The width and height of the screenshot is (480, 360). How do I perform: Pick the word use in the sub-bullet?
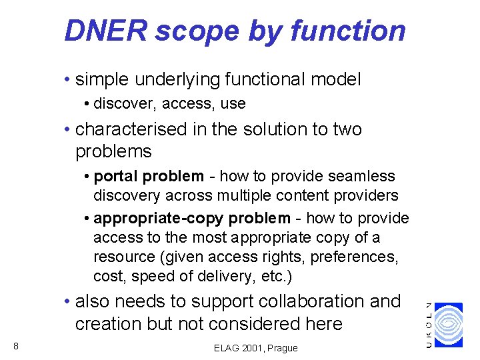pyautogui.click(x=234, y=104)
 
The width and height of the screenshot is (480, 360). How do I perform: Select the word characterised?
pyautogui.click(x=131, y=129)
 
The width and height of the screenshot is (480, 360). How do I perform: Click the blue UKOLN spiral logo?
pyautogui.click(x=448, y=325)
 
